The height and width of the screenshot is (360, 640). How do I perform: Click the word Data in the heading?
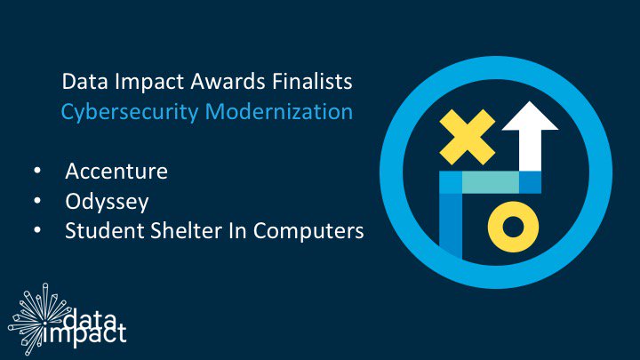point(85,81)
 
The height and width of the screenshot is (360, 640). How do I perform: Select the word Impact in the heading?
point(149,83)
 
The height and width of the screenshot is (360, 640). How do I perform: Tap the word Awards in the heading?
point(228,81)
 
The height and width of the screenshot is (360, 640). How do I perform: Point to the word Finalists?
point(312,81)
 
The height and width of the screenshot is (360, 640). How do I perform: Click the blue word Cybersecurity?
point(130,112)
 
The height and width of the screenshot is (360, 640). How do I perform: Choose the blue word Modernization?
point(279,111)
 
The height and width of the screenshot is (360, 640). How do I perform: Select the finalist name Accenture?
point(116,171)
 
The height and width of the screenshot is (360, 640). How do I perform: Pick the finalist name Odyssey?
point(107,202)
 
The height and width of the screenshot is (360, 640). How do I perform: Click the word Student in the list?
point(104,230)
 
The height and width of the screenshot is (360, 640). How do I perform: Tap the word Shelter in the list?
point(186,230)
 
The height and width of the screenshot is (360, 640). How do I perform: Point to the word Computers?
point(308,231)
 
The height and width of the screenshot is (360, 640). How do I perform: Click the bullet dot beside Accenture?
point(37,170)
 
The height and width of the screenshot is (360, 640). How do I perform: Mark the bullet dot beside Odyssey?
point(37,200)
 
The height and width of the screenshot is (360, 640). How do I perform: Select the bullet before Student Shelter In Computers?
point(37,230)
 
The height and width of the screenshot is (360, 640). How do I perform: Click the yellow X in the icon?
point(467,137)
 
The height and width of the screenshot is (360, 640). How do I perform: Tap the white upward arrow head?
point(530,118)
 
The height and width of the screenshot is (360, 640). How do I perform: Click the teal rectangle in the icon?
point(490,182)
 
